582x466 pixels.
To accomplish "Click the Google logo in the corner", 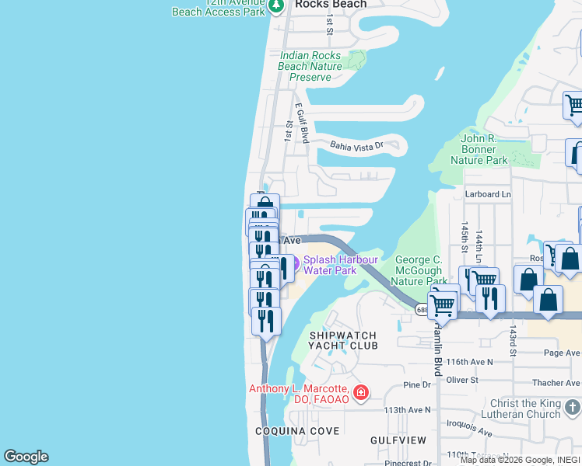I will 26,457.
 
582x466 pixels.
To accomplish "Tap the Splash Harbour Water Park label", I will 340,265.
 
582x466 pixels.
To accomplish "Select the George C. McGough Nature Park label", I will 419,270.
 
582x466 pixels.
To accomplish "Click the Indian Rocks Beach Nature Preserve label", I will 310,66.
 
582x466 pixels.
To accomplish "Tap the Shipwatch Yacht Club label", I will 343,340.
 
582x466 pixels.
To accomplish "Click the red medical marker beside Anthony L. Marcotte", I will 360,393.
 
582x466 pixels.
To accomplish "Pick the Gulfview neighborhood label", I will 398,440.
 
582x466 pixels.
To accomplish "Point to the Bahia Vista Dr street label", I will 357,145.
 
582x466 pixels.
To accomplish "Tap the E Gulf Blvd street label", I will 302,123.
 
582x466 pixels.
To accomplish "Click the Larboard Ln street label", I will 488,194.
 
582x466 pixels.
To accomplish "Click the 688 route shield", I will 422,310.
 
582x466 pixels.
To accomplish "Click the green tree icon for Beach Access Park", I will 275,6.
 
